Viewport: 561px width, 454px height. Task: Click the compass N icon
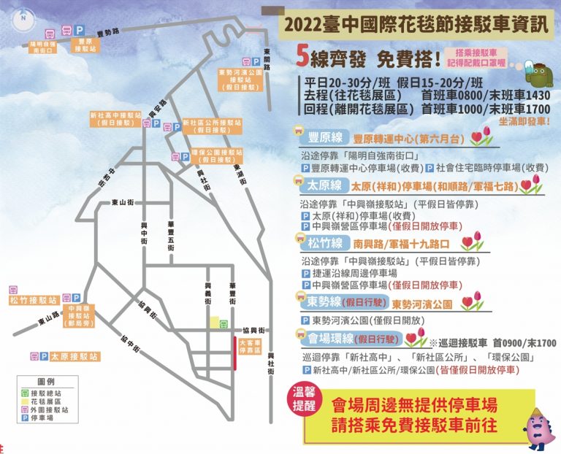point(24,18)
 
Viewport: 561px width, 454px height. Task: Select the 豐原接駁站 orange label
point(85,46)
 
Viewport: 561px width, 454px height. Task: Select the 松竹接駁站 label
point(33,300)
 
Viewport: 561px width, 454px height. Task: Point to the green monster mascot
point(537,72)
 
